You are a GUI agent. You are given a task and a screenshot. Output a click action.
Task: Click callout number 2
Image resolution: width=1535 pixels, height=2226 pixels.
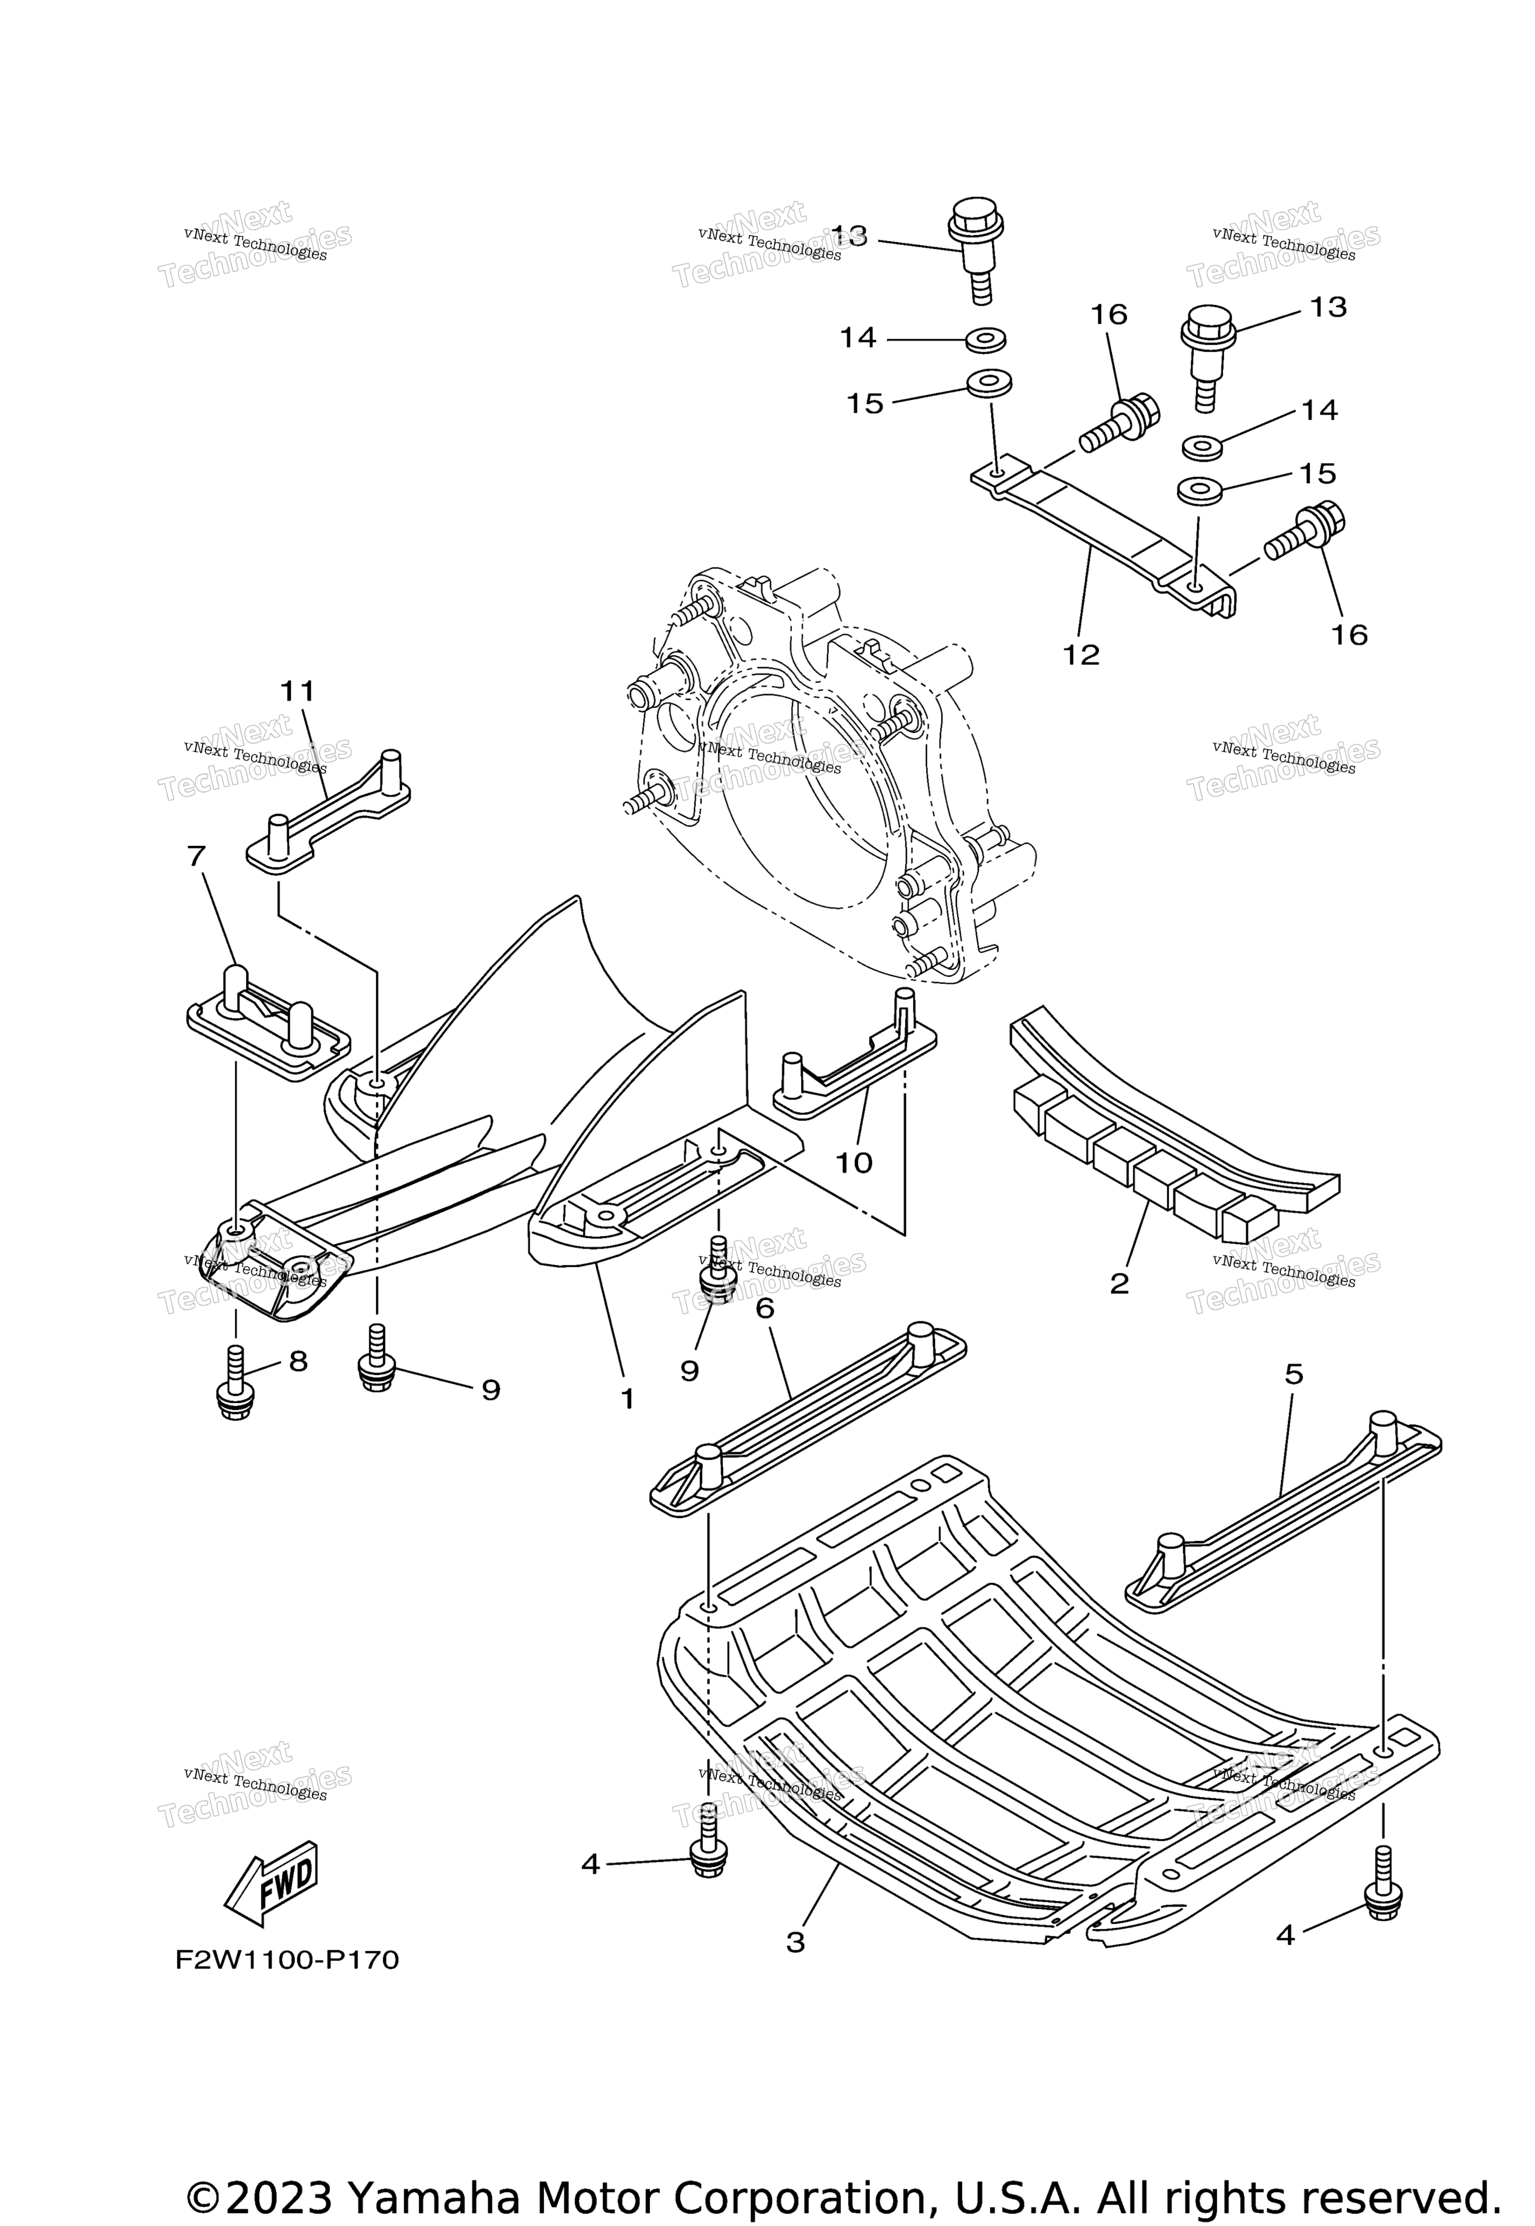(1119, 1283)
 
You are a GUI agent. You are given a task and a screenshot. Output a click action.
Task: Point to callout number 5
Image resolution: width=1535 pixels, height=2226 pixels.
(1294, 1375)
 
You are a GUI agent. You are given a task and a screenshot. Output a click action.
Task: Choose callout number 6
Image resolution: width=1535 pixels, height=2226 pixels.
(765, 1308)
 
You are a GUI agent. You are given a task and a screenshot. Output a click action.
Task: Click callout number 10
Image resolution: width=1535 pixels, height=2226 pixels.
(853, 1162)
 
